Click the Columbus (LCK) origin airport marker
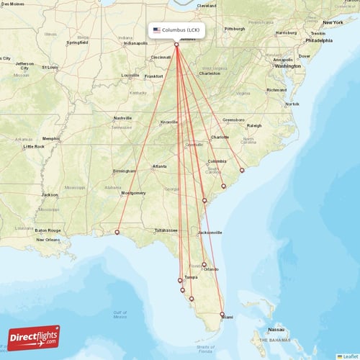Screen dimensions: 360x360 coord(176,45)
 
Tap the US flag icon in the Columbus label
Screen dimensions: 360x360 coord(157,30)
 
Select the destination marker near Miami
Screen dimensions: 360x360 coord(222,314)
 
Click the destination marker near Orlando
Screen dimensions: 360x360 coord(204,264)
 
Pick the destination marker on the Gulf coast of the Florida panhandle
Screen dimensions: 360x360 coord(117,232)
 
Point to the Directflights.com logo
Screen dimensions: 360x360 coord(34,337)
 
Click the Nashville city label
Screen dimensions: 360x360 coord(123,117)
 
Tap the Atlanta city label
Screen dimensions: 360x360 coord(158,166)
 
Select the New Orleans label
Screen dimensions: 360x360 coord(50,239)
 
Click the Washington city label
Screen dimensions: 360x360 coord(287,66)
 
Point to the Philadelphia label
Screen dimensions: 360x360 coord(318,41)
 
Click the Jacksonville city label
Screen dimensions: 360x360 coord(210,233)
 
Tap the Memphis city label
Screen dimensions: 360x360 coord(50,138)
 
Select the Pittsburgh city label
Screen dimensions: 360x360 coord(235,29)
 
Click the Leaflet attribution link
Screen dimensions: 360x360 coord(350,356)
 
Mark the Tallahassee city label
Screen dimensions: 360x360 coord(166,230)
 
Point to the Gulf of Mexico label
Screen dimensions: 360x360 coord(120,313)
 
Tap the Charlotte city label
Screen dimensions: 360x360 coord(220,137)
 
